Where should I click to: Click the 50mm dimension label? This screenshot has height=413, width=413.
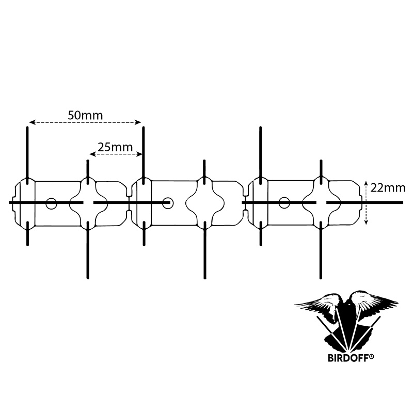(x=85, y=115)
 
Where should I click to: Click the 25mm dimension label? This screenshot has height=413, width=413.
(x=115, y=147)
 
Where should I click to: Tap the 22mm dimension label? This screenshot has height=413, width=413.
(x=388, y=188)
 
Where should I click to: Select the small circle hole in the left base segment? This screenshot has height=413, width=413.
(x=51, y=203)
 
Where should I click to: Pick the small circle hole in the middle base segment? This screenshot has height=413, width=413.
(x=167, y=203)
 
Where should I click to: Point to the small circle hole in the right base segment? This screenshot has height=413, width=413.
(x=284, y=202)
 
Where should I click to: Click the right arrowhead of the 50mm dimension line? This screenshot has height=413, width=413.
(x=138, y=122)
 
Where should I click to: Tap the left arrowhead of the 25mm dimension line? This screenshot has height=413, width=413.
(x=93, y=154)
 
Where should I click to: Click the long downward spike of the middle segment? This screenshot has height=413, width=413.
(x=204, y=250)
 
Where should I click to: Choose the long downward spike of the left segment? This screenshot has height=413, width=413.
(x=88, y=250)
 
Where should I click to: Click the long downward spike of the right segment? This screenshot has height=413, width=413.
(x=321, y=250)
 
